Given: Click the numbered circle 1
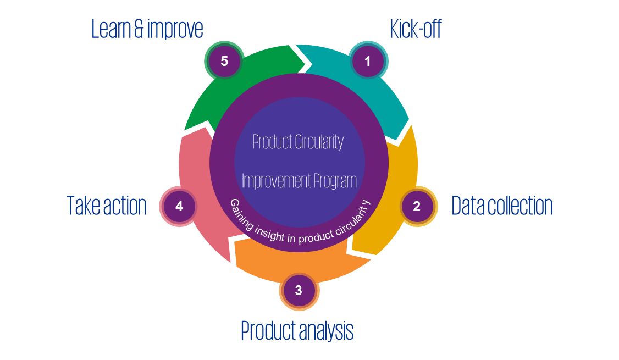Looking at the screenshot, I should [368, 61].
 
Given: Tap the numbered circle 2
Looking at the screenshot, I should [417, 207].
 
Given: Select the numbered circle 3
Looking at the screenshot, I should [299, 290].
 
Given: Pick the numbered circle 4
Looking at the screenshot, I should [179, 207].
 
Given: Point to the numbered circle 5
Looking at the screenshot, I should [224, 61].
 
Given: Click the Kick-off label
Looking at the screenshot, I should [415, 29].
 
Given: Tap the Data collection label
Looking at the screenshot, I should [501, 206].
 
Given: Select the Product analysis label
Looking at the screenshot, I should [297, 330].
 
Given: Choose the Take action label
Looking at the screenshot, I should [107, 206].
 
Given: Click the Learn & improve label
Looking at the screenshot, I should [147, 29].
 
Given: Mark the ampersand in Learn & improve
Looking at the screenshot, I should [139, 29].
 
